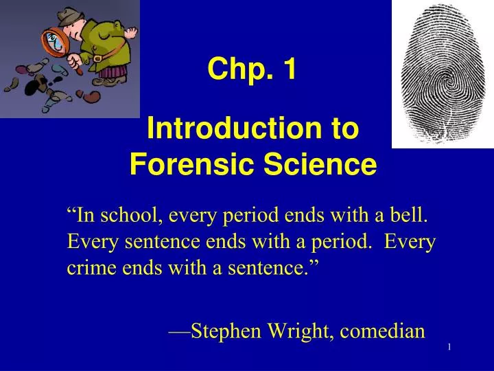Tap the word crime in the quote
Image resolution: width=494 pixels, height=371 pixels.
point(89,267)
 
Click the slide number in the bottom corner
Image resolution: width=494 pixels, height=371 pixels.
point(449,348)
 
